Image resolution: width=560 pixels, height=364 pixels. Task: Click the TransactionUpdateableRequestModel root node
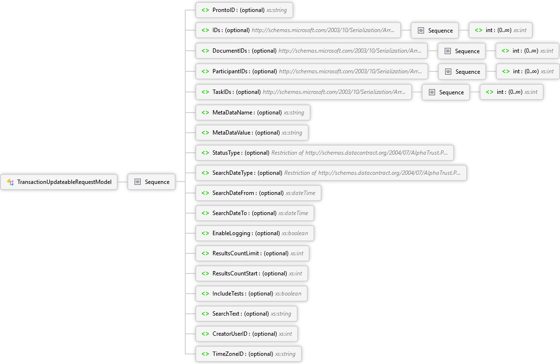tap(59, 182)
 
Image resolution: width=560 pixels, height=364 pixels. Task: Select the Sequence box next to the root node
tap(151, 182)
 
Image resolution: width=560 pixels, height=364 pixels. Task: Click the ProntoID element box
tap(244, 10)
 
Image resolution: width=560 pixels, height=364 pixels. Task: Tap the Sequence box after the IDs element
tap(435, 30)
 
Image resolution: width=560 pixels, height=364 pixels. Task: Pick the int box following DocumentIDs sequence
tap(527, 51)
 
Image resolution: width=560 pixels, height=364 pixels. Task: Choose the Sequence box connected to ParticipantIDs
tap(462, 71)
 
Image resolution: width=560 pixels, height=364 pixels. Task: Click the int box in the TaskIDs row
tap(512, 92)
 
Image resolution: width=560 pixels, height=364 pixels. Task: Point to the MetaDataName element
tap(253, 113)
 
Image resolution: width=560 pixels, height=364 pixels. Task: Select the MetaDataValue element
tap(252, 133)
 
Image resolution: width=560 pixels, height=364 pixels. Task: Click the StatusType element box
tap(325, 153)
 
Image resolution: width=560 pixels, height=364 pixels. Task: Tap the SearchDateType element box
tap(331, 173)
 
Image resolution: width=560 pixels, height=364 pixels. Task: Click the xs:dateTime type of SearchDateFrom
tap(301, 193)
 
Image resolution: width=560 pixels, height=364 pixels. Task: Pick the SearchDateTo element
tap(255, 213)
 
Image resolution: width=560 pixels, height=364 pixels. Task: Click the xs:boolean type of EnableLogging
tap(295, 233)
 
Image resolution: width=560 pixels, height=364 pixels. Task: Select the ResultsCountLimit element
tap(253, 253)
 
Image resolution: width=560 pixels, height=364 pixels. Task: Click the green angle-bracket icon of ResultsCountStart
tap(205, 273)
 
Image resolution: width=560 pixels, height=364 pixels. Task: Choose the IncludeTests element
tap(251, 294)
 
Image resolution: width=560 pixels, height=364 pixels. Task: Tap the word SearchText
tap(226, 314)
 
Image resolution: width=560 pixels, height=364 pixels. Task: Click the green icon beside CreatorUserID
tap(205, 334)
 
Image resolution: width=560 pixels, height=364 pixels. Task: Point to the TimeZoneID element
tap(248, 354)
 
